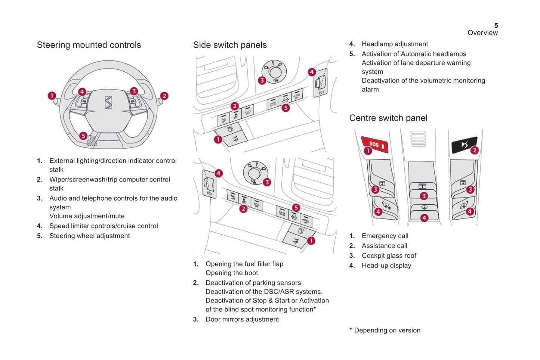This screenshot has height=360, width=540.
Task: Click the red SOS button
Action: point(375,144)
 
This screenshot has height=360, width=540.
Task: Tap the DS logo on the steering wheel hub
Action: point(108,103)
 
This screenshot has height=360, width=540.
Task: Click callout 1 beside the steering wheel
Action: point(52,96)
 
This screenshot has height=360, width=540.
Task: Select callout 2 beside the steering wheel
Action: point(164,96)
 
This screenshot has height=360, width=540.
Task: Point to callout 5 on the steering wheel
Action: point(83,136)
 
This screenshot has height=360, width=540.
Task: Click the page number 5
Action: point(496,25)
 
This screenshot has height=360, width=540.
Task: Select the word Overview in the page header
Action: point(482,33)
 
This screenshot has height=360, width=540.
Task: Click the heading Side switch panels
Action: point(230,45)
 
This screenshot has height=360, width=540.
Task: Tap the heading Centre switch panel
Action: point(388,118)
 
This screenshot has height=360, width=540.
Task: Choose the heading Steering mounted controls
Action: point(89,45)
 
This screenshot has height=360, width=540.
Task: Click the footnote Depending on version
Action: point(387,330)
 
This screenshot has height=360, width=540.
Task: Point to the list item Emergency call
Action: point(385,236)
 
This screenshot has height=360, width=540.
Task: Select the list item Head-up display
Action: point(386,266)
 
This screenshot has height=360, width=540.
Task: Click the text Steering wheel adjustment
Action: point(90,236)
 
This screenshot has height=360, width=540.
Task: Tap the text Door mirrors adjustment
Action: point(242,319)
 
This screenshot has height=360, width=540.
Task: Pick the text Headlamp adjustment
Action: point(395,44)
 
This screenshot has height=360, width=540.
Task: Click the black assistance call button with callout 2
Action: point(463,145)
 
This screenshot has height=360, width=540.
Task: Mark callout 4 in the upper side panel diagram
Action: point(312,72)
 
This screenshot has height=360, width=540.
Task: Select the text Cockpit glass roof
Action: point(389,256)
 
